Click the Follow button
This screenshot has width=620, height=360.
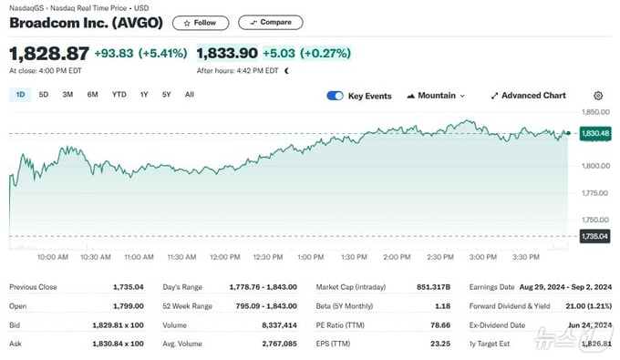[201, 23]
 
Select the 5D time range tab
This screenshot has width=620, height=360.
[44, 95]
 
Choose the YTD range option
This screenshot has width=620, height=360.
[119, 95]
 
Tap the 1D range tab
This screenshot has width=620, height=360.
[20, 95]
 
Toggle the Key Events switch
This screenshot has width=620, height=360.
[335, 96]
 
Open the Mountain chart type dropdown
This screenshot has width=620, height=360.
[436, 96]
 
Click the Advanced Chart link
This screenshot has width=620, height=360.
[528, 96]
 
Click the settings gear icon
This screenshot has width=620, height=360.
[598, 96]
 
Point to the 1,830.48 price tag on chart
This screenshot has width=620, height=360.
[595, 133]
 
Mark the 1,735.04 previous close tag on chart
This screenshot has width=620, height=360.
[594, 236]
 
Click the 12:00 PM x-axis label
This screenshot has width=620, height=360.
[225, 257]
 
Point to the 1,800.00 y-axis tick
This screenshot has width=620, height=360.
[595, 166]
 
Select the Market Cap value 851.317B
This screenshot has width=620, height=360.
[433, 287]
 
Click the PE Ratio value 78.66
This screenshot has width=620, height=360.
[440, 325]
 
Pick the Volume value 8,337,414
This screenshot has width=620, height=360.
[279, 325]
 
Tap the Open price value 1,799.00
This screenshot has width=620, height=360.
[129, 306]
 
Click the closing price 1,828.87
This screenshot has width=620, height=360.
[49, 54]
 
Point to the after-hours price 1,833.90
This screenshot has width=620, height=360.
[227, 54]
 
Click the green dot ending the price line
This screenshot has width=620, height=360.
[568, 133]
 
